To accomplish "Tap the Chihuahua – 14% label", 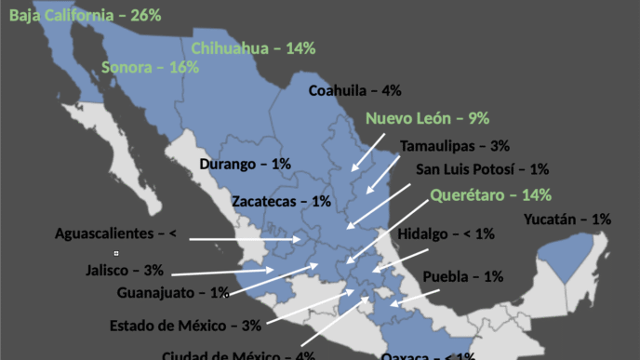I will point(253,48).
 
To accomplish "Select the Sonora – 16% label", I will point(150,68).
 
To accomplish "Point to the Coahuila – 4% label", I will point(354,91).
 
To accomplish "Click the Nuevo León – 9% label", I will point(427,119).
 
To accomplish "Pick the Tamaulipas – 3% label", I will point(455,146).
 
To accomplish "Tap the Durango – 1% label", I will point(245,165).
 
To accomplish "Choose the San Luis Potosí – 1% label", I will point(482,170).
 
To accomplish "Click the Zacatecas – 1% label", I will point(281,201).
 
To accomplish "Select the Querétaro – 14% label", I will point(490,195).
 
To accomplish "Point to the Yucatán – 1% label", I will point(567,220).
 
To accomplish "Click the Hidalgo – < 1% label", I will point(447,234).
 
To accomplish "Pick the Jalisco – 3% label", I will point(124,271).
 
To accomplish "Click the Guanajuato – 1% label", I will point(173,293).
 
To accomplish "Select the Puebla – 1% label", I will point(462,276).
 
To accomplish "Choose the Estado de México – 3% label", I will point(185,326).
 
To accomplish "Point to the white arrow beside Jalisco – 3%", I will point(223,271).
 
